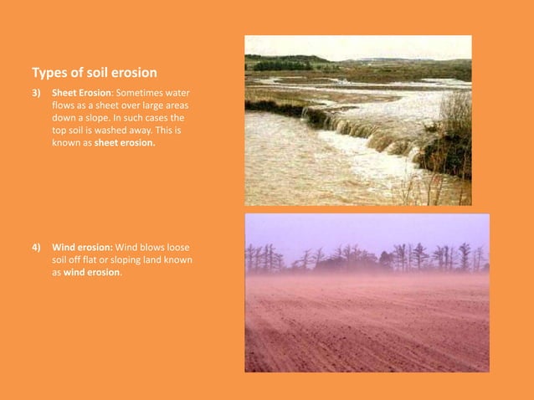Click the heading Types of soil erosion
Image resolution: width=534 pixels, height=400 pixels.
pyautogui.click(x=94, y=73)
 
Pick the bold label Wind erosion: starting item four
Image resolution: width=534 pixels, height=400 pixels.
pyautogui.click(x=82, y=248)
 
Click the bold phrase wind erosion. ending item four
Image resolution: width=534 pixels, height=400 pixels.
pyautogui.click(x=93, y=273)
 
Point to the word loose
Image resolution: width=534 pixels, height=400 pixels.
pyautogui.click(x=181, y=248)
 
